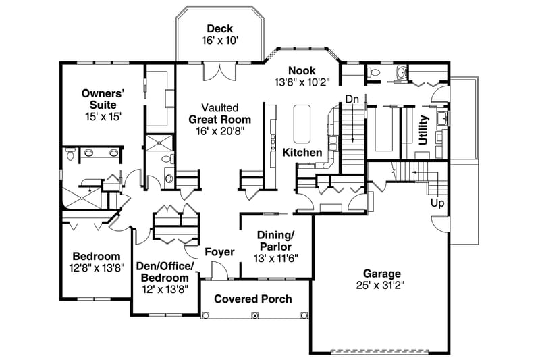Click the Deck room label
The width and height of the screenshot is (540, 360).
click(219, 28)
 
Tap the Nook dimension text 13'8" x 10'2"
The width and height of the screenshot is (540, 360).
click(302, 83)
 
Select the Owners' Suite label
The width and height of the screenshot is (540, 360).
click(99, 99)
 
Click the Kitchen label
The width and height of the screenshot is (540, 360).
click(302, 153)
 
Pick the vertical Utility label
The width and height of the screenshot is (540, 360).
click(423, 130)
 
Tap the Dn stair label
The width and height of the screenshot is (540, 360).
click(352, 99)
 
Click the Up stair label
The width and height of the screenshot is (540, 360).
click(437, 202)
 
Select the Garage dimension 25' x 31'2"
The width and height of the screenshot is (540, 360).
click(382, 286)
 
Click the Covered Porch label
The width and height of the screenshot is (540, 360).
click(253, 299)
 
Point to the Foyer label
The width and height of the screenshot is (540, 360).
click(219, 252)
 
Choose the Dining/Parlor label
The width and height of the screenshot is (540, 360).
click(275, 240)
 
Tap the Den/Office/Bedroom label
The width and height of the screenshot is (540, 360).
click(165, 272)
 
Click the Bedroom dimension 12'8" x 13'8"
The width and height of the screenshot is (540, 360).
click(97, 268)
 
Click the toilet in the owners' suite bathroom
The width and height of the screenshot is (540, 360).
click(70, 156)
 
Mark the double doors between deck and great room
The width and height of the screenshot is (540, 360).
click(219, 71)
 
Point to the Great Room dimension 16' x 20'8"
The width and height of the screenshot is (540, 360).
click(219, 131)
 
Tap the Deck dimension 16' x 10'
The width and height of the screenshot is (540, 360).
click(219, 41)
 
